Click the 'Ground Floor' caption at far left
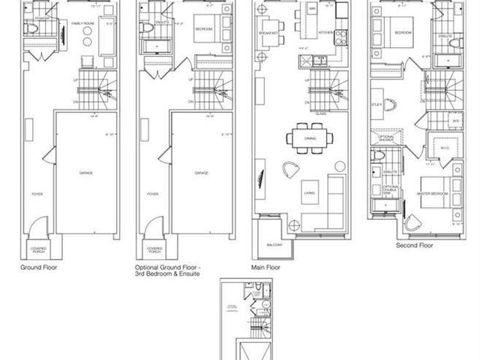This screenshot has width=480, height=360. (38, 266)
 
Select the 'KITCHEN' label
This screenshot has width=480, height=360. (325, 33)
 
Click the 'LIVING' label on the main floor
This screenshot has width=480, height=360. (308, 193)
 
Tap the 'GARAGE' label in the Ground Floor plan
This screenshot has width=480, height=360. (86, 172)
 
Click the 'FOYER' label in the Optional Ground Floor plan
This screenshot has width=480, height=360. (153, 193)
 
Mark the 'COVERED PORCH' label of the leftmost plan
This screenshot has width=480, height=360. (39, 250)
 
